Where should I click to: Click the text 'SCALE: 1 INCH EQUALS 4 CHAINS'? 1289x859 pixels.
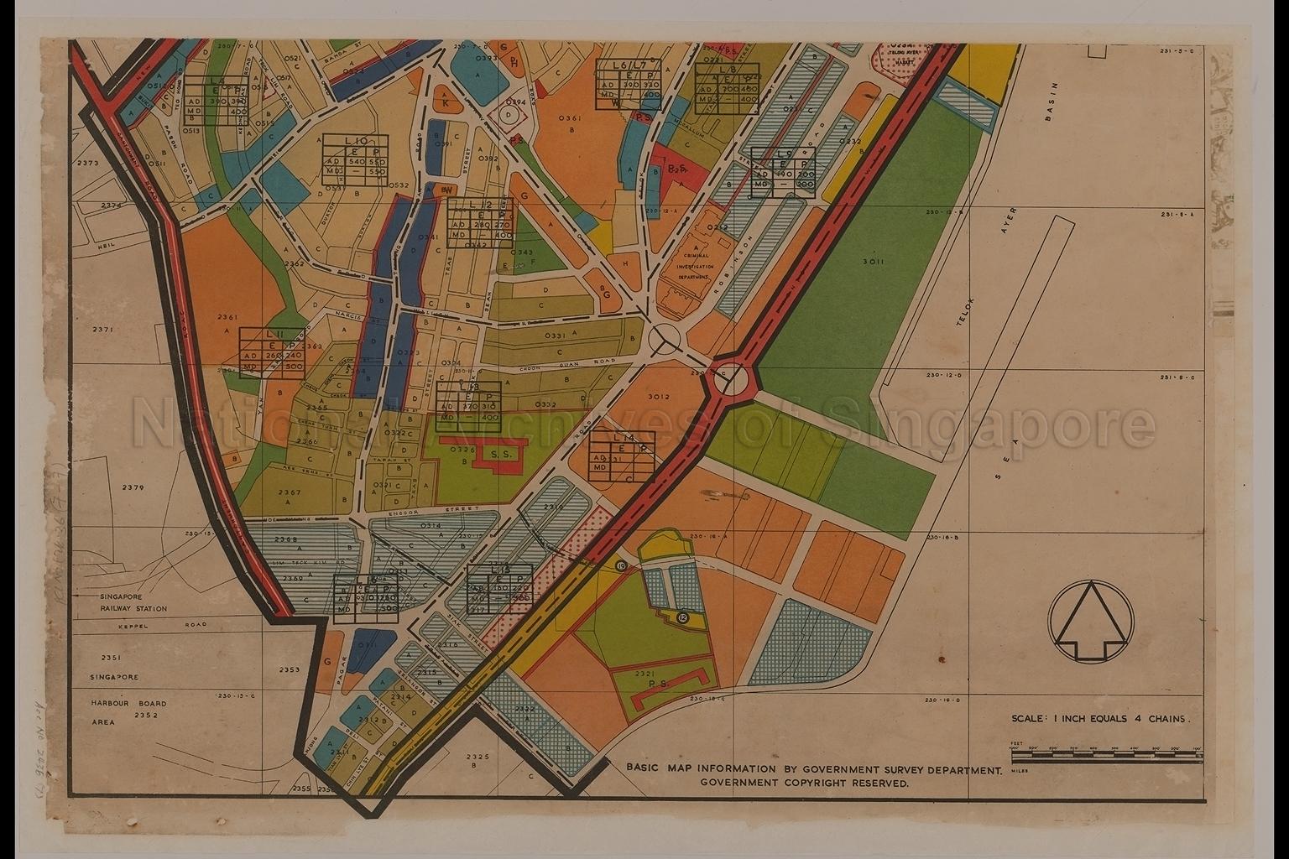click(x=1100, y=719)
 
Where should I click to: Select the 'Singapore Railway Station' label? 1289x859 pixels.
click(x=133, y=601)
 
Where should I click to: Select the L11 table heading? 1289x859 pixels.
click(x=273, y=333)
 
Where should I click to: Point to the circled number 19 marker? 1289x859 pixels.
click(x=621, y=567)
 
